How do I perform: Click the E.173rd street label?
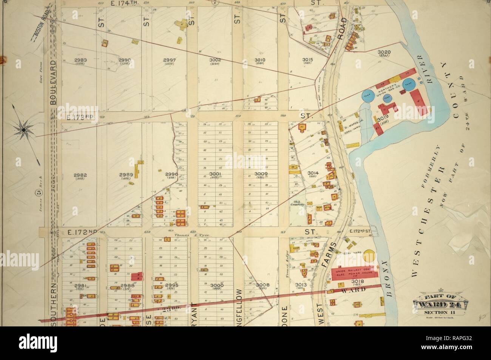coord(80,117)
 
